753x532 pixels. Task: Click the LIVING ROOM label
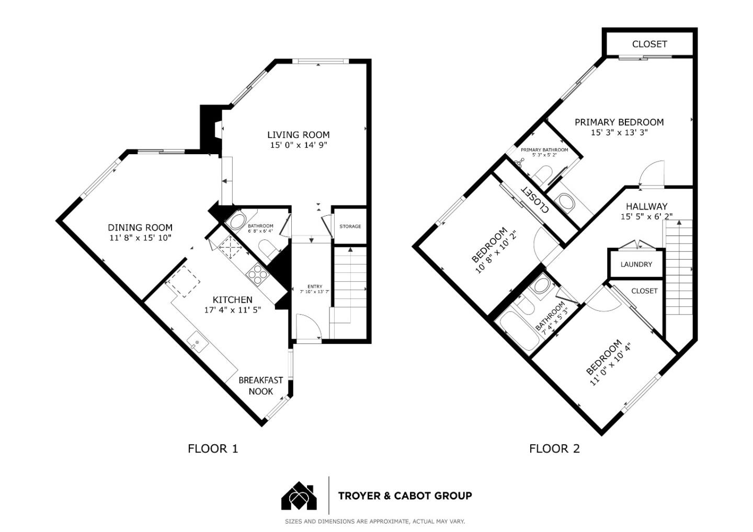click(x=299, y=135)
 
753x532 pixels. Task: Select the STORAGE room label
click(x=350, y=226)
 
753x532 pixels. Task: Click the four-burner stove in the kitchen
click(x=258, y=273)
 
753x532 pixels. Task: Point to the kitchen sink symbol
click(x=198, y=342)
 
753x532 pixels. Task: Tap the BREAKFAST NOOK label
click(x=261, y=386)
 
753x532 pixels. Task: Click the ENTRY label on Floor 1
click(x=315, y=286)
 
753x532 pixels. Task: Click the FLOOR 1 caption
click(x=213, y=449)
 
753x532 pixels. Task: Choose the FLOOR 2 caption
click(x=555, y=449)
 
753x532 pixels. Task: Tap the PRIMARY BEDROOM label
click(x=619, y=122)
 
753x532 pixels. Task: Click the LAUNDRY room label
click(x=636, y=264)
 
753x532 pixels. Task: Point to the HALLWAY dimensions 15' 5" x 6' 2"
click(x=646, y=217)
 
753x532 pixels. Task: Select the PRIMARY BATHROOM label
click(x=544, y=150)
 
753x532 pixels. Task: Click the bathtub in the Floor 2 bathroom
click(x=519, y=332)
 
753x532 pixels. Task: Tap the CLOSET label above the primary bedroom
click(x=649, y=44)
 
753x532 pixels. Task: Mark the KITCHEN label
click(x=233, y=299)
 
